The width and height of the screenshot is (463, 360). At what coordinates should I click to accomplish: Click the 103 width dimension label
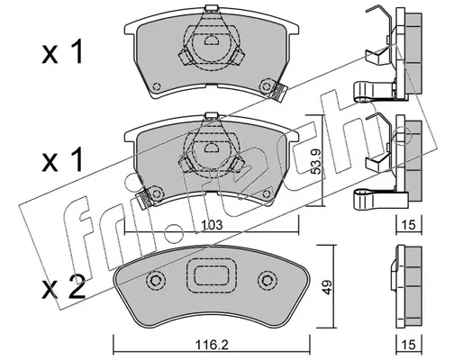point(212,225)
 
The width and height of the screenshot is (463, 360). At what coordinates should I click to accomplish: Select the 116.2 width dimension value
point(212,345)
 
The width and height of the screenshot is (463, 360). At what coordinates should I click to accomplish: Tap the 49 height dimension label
point(328,287)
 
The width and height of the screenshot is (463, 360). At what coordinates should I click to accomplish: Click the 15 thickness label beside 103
point(409,225)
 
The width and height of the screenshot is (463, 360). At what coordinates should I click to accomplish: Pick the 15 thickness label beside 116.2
point(409,345)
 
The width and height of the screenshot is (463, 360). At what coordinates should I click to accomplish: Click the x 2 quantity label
point(64,287)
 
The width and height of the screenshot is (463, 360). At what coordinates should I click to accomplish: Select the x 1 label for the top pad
point(62,53)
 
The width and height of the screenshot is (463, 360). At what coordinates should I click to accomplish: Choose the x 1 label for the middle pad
point(62,161)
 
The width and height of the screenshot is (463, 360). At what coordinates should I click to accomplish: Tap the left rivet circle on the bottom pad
point(156,281)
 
